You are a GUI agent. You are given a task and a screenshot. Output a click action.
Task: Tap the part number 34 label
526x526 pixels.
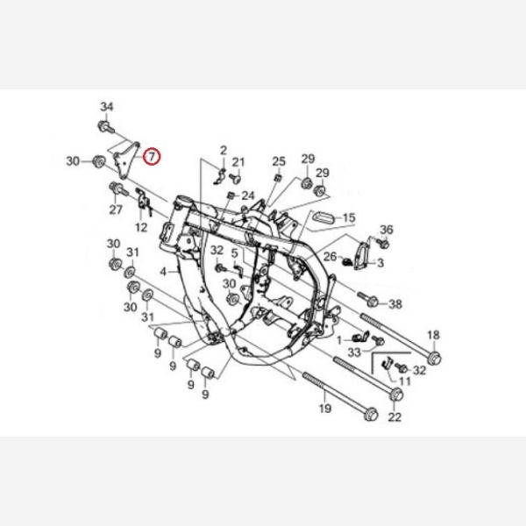coord(107,107)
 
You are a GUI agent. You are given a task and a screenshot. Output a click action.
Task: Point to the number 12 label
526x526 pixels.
coord(140,227)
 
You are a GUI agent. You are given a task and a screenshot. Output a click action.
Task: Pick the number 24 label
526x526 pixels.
coord(247,195)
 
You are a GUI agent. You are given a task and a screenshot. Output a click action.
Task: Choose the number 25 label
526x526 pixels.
coord(280,160)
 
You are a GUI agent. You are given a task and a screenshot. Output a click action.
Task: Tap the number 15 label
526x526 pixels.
coord(348,217)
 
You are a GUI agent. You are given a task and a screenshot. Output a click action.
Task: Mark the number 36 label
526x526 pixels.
coord(387,231)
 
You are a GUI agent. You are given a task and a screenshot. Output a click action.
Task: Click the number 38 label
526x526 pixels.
coord(394,304)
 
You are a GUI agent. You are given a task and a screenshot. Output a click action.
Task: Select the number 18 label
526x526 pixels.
coord(433,336)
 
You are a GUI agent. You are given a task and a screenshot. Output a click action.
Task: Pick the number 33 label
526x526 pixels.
coord(354,352)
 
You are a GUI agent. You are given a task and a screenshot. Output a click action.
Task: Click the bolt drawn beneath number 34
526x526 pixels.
coord(105,128)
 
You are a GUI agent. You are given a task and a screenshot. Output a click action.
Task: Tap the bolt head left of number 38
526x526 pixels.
coord(371,302)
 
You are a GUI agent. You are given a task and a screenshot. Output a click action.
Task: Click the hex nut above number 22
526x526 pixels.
coord(394,398)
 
